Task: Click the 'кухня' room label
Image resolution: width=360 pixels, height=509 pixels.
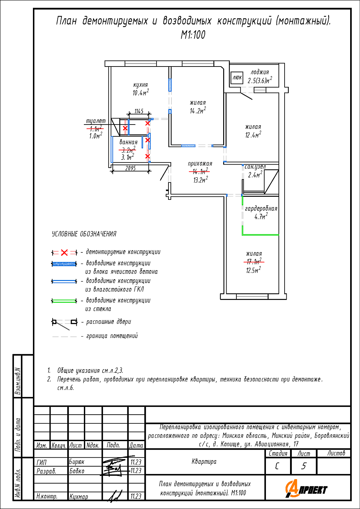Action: coord(140,85)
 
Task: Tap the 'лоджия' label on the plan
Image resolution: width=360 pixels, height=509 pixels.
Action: coord(260,72)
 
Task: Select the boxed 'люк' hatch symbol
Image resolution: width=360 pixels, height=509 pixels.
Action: coord(237,78)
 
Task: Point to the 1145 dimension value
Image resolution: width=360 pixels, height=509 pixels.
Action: coord(139,111)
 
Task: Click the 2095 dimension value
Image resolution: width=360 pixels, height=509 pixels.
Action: coord(130,168)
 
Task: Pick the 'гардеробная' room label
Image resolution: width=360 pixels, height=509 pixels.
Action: coord(261,208)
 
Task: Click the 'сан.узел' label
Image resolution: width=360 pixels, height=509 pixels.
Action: coord(255,167)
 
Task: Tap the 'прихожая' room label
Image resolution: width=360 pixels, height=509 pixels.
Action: coord(200,164)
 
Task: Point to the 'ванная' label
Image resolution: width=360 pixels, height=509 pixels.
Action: coord(128,142)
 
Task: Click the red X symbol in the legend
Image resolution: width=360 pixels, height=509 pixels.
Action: coord(65,252)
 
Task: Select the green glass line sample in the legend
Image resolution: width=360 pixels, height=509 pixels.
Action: coord(64,301)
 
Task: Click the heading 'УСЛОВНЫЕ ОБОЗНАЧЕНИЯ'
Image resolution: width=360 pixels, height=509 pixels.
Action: coord(84,234)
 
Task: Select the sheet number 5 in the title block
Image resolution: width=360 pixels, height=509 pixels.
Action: coord(304,466)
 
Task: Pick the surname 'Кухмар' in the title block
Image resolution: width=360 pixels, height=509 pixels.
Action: coord(79,496)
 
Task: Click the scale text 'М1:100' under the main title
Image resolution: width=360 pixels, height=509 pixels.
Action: coord(193,35)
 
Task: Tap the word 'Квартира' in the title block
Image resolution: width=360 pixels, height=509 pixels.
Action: coord(204,461)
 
